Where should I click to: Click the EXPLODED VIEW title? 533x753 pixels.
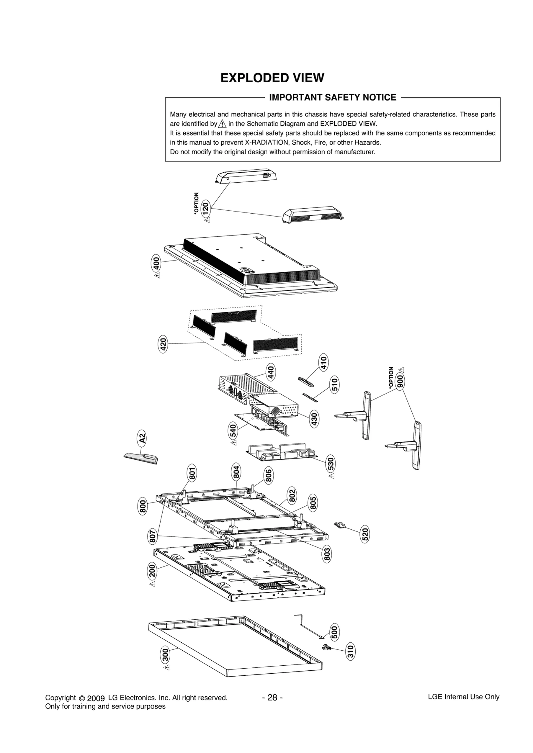point(272,78)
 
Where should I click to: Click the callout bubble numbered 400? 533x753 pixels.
point(156,264)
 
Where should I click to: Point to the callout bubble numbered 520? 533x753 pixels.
point(365,534)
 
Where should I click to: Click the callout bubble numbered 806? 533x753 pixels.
point(268,475)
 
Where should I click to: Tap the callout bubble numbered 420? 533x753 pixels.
point(163,344)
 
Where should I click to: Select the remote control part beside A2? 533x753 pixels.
point(141,458)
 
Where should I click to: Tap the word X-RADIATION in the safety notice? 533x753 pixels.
point(264,143)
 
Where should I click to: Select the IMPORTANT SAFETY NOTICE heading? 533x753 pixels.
point(332,97)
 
